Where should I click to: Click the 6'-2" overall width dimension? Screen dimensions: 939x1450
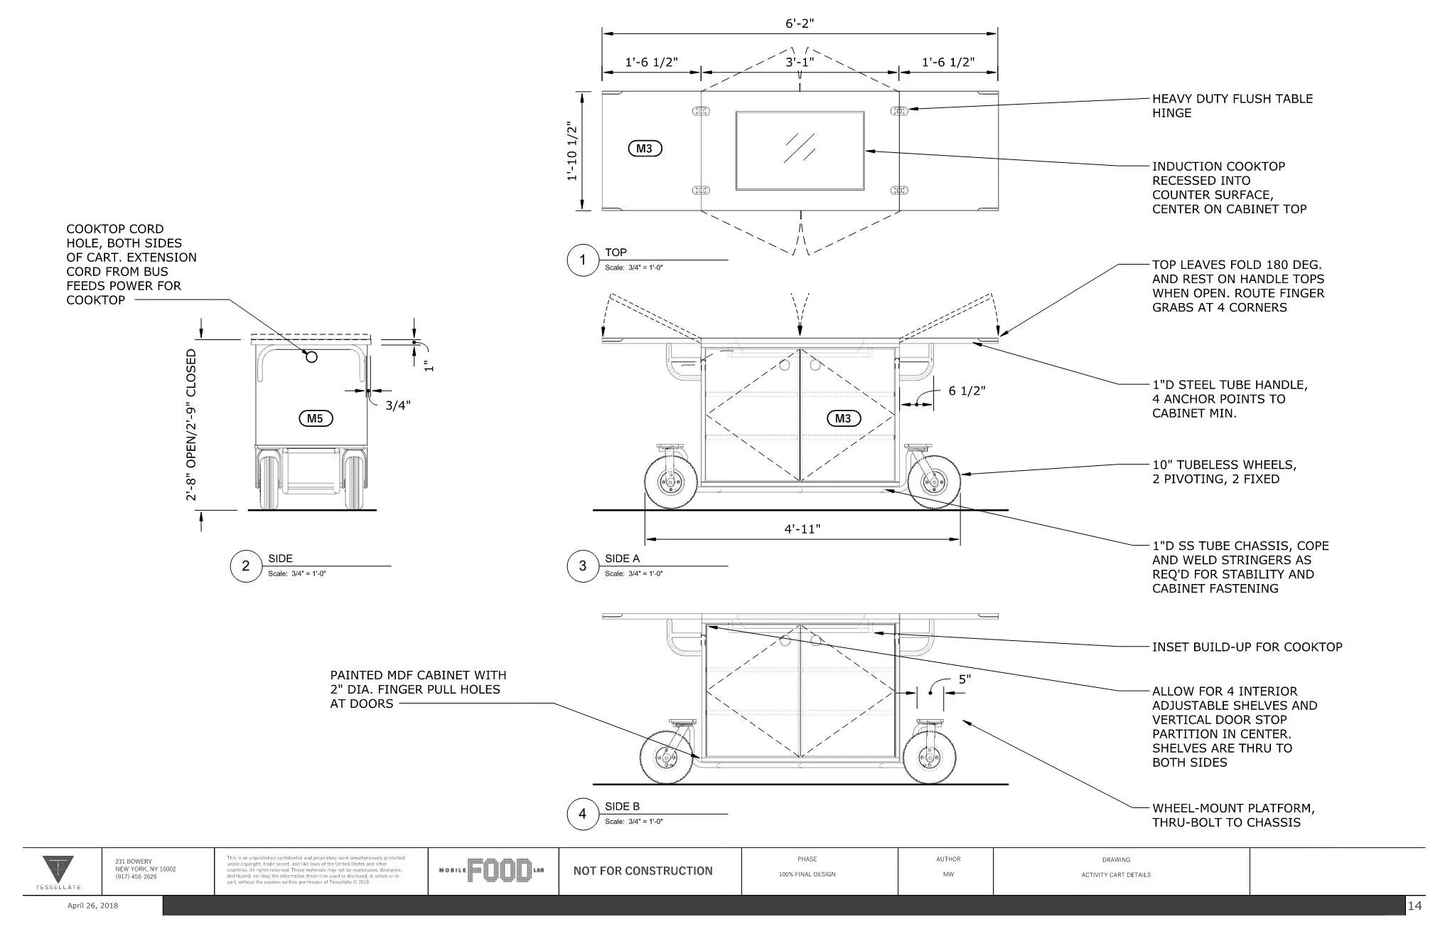click(x=800, y=23)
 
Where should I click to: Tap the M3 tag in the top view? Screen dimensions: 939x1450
click(x=645, y=149)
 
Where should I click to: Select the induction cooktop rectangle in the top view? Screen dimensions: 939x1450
click(x=800, y=151)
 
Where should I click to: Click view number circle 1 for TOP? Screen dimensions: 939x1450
click(x=583, y=260)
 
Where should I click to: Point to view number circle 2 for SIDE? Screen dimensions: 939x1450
click(x=246, y=566)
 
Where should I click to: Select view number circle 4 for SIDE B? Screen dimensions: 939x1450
click(x=583, y=814)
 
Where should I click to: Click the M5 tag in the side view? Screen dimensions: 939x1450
click(x=315, y=418)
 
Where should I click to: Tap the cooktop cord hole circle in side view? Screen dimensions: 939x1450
click(x=311, y=356)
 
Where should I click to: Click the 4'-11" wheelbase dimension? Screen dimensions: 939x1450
click(x=802, y=529)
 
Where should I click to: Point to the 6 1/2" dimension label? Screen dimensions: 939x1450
click(x=967, y=391)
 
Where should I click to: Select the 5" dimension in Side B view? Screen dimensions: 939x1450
click(x=965, y=679)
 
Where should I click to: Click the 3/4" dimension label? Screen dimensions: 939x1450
click(x=398, y=405)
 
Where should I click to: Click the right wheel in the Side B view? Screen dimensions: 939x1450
click(x=928, y=758)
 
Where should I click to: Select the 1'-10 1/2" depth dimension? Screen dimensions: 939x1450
click(x=572, y=151)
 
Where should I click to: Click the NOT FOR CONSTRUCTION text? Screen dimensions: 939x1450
click(x=643, y=871)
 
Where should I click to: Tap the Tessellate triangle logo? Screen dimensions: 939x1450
click(x=58, y=870)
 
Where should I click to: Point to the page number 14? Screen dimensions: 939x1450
click(x=1414, y=906)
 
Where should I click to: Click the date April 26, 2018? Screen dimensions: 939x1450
click(x=92, y=906)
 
